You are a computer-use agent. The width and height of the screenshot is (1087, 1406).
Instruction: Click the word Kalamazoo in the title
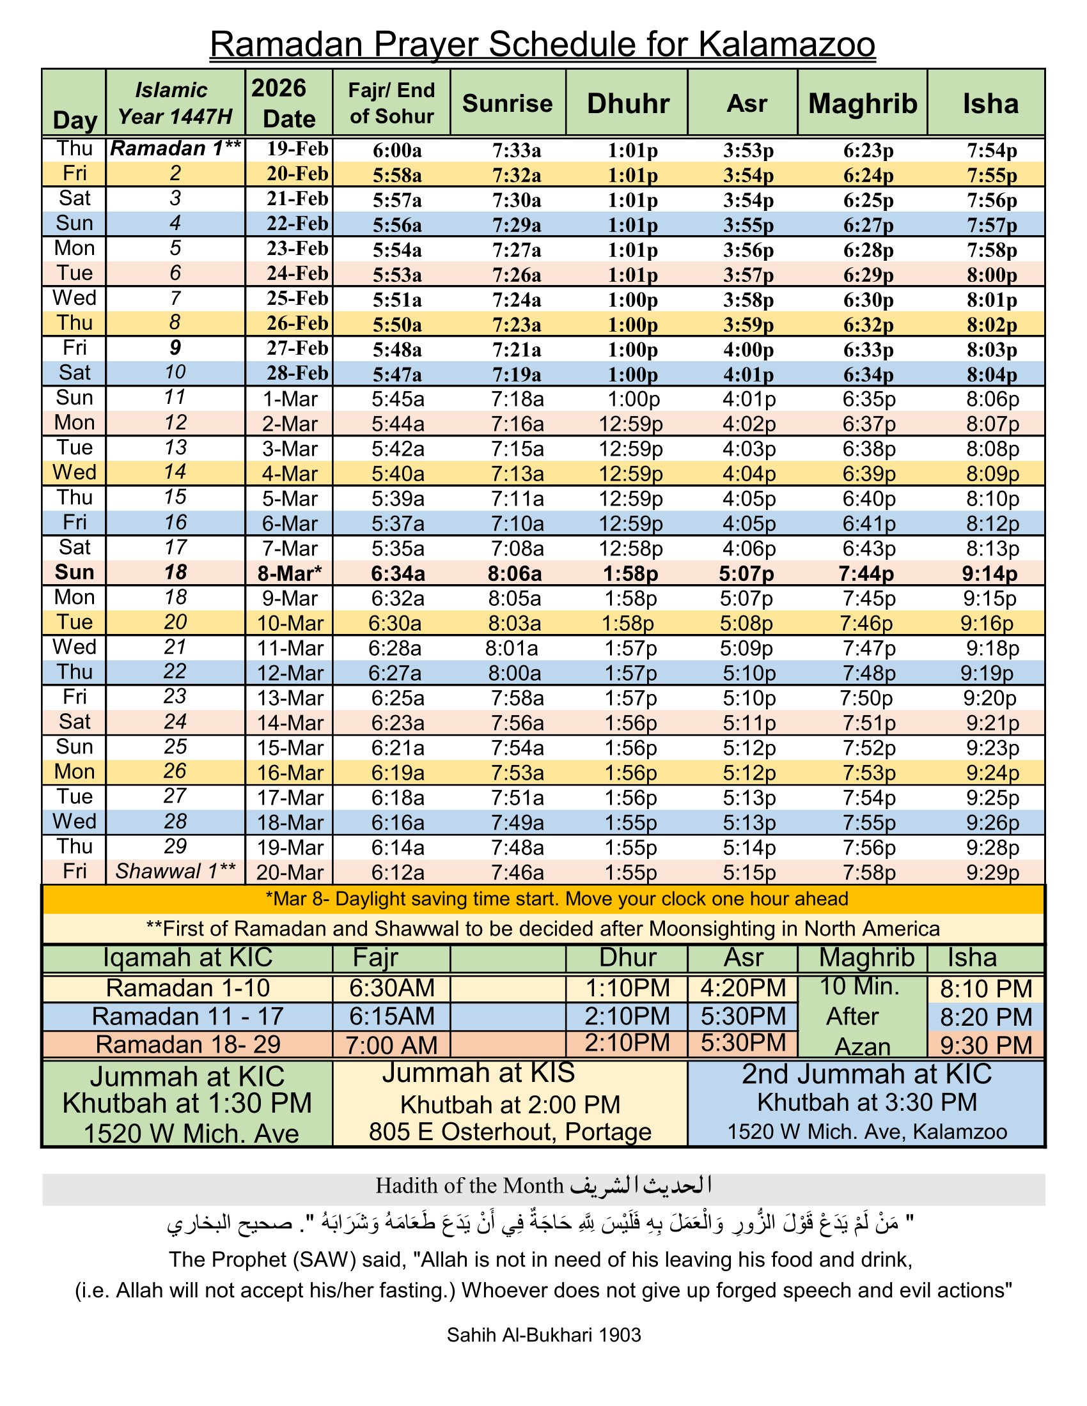click(x=786, y=45)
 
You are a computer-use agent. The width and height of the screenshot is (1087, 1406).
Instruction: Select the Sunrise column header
click(x=507, y=104)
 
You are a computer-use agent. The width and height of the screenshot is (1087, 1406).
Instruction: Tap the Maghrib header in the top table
click(x=863, y=104)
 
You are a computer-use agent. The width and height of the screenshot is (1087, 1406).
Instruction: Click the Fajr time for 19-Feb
click(x=396, y=151)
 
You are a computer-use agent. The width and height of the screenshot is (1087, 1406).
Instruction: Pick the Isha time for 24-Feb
click(x=992, y=275)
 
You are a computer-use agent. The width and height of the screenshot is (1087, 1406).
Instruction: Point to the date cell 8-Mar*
click(x=289, y=574)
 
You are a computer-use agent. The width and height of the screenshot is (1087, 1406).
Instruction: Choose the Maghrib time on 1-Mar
click(x=869, y=399)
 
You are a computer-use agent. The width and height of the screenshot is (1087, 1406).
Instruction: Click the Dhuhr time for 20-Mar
click(x=630, y=873)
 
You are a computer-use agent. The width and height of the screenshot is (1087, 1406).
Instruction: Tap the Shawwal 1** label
click(x=175, y=872)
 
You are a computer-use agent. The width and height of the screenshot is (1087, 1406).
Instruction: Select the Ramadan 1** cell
click(x=175, y=149)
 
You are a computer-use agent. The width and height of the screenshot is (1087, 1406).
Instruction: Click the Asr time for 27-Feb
click(x=748, y=350)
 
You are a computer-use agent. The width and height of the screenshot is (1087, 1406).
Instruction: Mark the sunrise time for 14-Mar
click(x=517, y=723)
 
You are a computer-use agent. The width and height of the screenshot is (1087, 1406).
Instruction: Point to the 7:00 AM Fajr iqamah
click(x=391, y=1045)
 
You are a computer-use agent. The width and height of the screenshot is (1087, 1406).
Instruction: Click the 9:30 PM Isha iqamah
click(x=986, y=1046)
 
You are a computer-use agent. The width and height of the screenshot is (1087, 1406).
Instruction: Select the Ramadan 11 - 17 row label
click(x=187, y=1017)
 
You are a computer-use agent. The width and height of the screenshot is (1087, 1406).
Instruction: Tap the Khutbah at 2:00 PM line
click(x=510, y=1105)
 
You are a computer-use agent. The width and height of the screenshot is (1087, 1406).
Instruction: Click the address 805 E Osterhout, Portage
click(x=510, y=1132)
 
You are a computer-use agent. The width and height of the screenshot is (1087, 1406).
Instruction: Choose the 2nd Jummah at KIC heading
click(x=866, y=1074)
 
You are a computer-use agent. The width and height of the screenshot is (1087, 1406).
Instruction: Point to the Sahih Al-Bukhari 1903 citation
click(x=543, y=1335)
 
